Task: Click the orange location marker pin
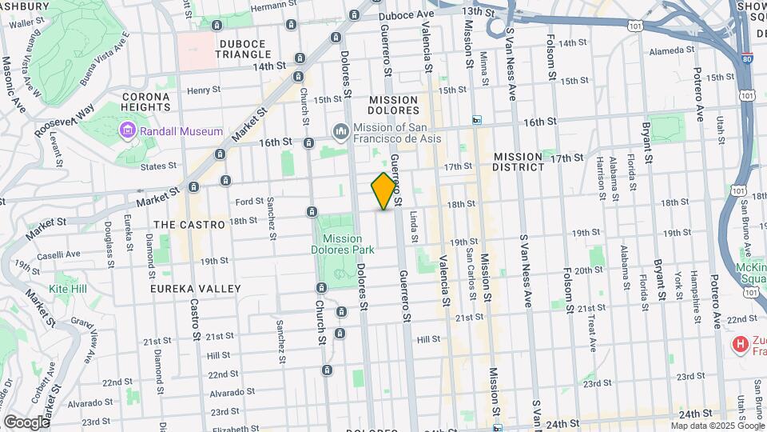click(384, 191)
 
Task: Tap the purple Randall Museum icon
click(127, 130)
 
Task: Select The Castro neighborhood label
click(189, 225)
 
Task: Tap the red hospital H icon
click(741, 344)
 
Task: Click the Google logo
click(26, 422)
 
